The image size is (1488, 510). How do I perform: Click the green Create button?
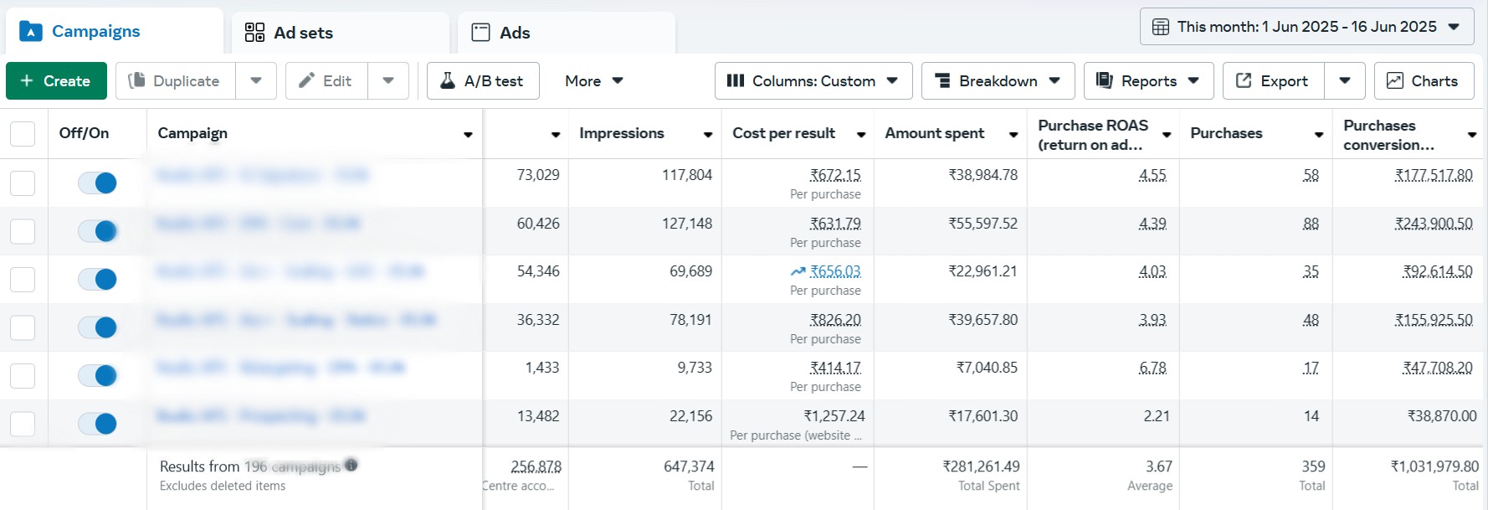pos(56,81)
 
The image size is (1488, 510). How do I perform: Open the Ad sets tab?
pos(289,33)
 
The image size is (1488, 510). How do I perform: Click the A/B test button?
pos(483,81)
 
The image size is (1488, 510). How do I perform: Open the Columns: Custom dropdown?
pos(813,81)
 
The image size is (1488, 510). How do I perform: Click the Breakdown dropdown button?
pos(998,81)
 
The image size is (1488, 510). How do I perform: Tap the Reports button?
pos(1147,81)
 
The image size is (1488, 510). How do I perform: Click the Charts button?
pos(1423,81)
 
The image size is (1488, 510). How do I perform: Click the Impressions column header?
pos(622,133)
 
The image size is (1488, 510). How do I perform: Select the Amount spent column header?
pos(935,133)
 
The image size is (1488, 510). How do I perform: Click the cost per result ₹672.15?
pos(835,175)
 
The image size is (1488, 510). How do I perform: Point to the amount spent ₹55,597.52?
pos(983,224)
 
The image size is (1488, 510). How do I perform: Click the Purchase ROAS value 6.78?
pos(1152,368)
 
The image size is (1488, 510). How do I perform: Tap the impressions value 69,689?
pos(690,271)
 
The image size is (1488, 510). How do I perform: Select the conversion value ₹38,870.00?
pos(1441,416)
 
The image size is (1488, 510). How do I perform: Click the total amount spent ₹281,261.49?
pos(981,466)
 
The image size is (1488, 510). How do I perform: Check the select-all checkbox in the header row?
pos(23,134)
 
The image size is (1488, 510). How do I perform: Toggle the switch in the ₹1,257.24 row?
pos(97,424)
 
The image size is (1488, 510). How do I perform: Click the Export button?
pos(1273,81)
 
